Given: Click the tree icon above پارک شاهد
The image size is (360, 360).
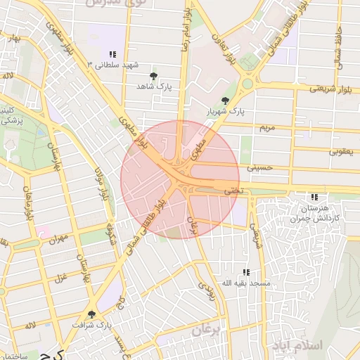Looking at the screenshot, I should pos(154,75).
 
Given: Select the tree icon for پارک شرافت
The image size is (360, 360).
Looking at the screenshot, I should pos(91,314).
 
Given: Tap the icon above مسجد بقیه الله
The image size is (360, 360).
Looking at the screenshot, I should pos(245,271).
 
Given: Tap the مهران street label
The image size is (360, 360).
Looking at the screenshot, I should pos(58,238).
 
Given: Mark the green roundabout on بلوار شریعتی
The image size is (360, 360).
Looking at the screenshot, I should pos(247,84).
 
